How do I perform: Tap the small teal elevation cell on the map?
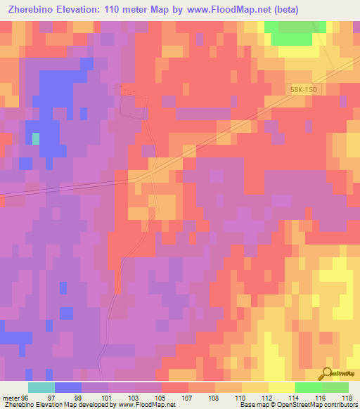[36, 138]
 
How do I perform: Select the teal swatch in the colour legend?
[41, 387]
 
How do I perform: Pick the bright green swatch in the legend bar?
[308, 387]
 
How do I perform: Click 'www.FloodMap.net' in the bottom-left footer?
[146, 405]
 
